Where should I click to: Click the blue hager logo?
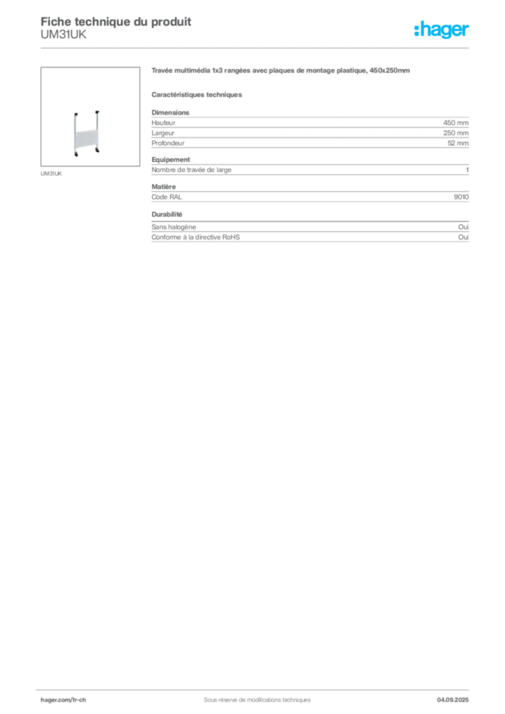click(x=443, y=31)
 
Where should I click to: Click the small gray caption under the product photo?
click(x=52, y=173)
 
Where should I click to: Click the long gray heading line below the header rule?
click(x=279, y=72)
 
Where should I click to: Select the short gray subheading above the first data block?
click(x=197, y=94)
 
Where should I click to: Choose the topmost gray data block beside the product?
click(x=310, y=129)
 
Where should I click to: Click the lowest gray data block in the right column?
click(x=310, y=235)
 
